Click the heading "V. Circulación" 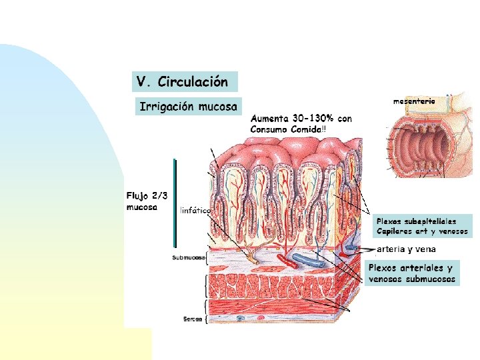pyautogui.click(x=182, y=82)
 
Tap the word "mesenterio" pyautogui.click(x=414, y=101)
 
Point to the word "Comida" pyautogui.click(x=304, y=128)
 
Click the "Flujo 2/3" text pyautogui.click(x=147, y=195)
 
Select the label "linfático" pyautogui.click(x=195, y=211)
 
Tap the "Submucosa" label pyautogui.click(x=188, y=257)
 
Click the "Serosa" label pyautogui.click(x=192, y=319)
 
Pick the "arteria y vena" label pyautogui.click(x=406, y=249)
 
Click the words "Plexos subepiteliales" pyautogui.click(x=416, y=221)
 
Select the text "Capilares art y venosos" pyautogui.click(x=422, y=232)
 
